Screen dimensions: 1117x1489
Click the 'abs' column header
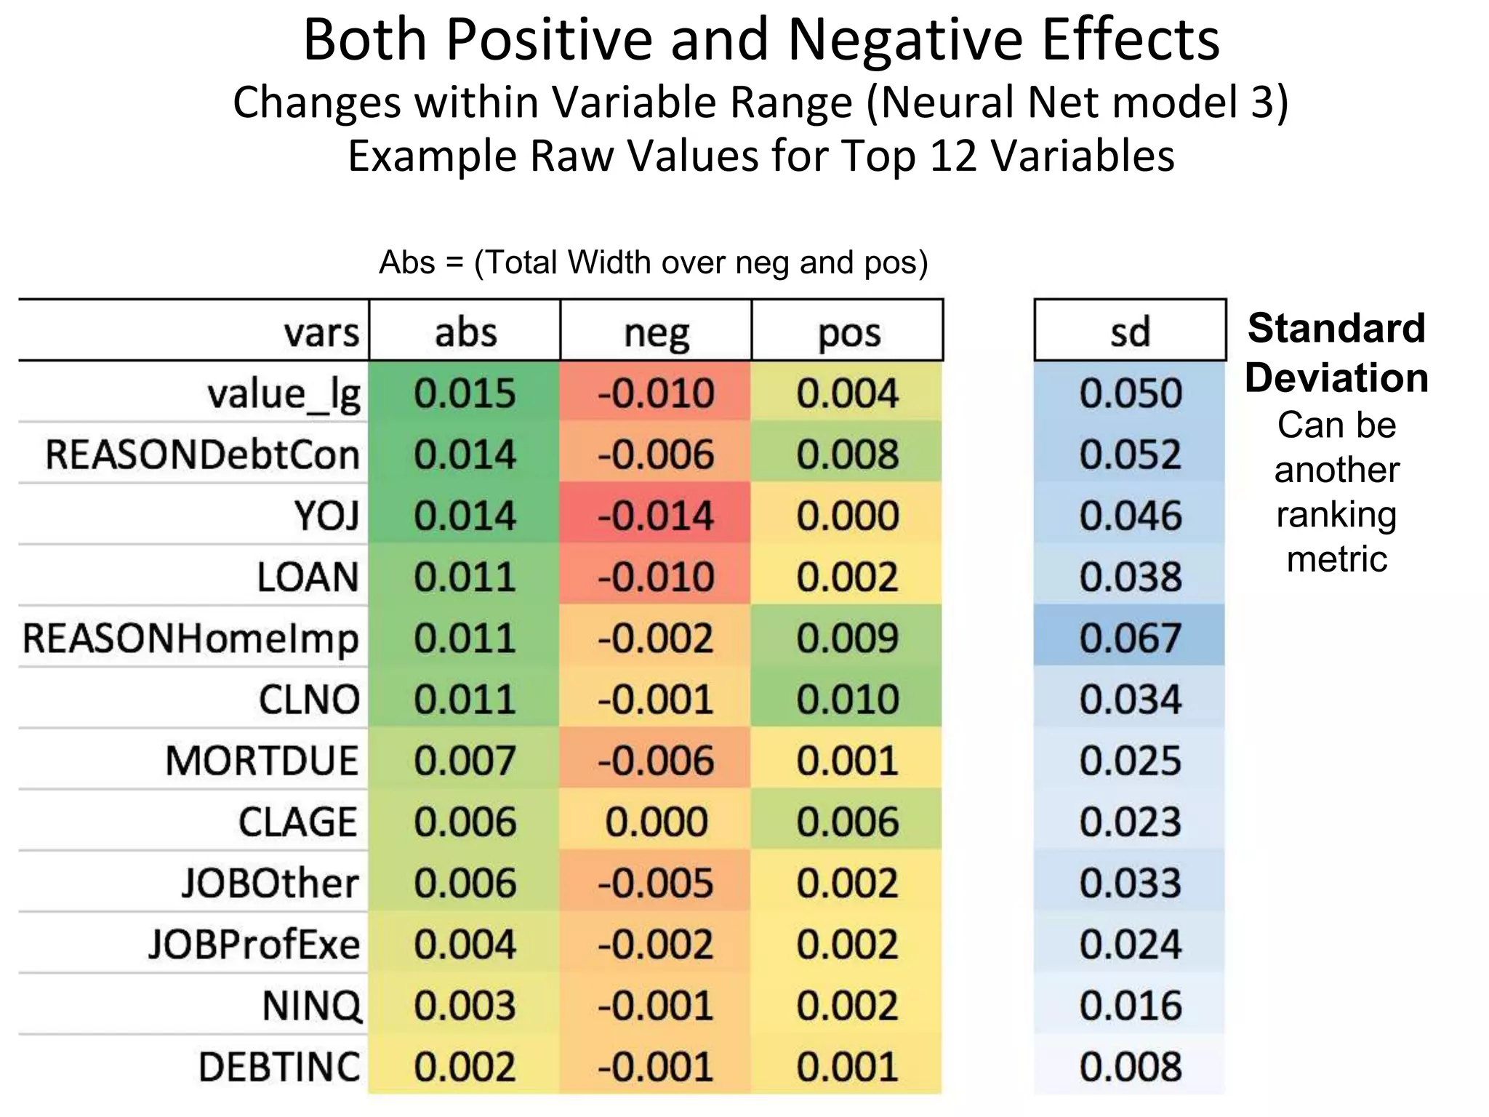click(x=465, y=333)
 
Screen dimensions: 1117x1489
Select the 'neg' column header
click(x=657, y=333)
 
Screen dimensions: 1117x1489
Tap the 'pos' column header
click(x=848, y=333)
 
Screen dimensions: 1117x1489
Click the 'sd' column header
click(x=1130, y=332)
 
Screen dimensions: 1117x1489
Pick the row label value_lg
click(x=284, y=395)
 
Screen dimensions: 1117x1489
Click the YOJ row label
click(x=326, y=516)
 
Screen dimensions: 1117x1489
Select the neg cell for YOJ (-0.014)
click(x=656, y=516)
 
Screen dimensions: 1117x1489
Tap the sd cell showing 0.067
click(x=1130, y=638)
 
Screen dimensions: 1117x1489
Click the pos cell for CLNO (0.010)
click(x=848, y=699)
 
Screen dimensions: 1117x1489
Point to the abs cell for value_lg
click(x=465, y=393)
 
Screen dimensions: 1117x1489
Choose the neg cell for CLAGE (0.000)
click(x=656, y=822)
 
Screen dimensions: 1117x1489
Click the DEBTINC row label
click(x=279, y=1067)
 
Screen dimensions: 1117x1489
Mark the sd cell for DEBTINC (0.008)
click(x=1130, y=1067)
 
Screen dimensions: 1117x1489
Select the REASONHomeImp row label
click(x=190, y=638)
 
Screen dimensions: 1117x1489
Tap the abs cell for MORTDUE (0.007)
click(x=465, y=761)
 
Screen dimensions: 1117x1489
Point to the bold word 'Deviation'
click(x=1336, y=377)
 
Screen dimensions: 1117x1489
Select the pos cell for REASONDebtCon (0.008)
click(x=848, y=455)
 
